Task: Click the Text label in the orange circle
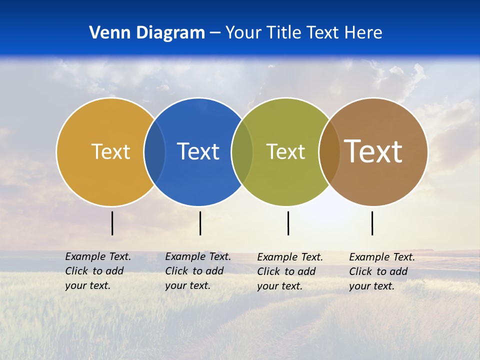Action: point(110,151)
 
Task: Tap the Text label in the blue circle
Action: point(198,151)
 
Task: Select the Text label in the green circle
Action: point(285,151)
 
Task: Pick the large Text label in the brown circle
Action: point(373,151)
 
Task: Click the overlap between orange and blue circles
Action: point(154,151)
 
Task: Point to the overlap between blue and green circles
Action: point(242,151)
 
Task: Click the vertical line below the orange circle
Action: point(112,223)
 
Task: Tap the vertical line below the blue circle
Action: point(200,223)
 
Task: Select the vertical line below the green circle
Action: point(288,223)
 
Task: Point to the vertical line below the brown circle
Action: point(372,223)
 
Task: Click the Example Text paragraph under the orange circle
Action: point(98,271)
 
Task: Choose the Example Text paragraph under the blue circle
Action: point(198,271)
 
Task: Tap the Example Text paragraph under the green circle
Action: point(290,271)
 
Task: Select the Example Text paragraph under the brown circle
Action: point(382,271)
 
